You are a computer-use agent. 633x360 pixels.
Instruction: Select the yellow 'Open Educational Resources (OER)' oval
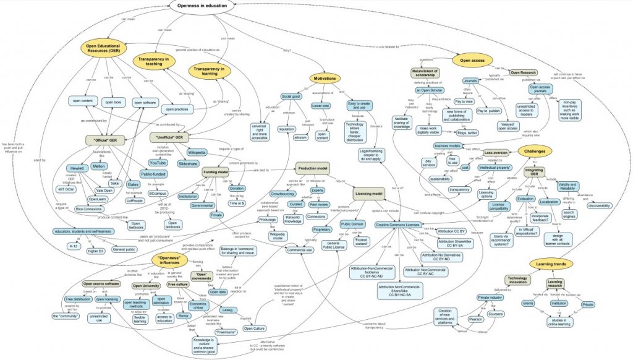[x=103, y=50]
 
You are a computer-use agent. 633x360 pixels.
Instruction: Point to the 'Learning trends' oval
[x=553, y=264]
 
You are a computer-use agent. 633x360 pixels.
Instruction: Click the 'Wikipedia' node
[x=197, y=152]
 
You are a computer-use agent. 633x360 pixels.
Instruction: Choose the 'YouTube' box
[x=157, y=163]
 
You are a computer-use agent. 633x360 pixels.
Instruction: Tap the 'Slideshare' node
[x=188, y=164]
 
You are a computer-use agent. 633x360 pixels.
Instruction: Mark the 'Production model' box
[x=313, y=168]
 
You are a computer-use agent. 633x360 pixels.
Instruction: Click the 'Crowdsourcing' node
[x=283, y=194]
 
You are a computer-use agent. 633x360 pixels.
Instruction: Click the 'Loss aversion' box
[x=496, y=152]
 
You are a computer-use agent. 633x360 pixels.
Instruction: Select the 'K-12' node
[x=74, y=246]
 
